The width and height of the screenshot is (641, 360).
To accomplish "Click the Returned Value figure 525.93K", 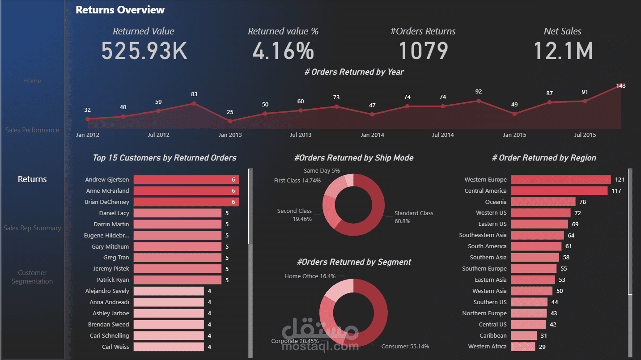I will click(x=144, y=51).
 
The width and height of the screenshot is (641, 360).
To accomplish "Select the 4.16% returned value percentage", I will click(x=283, y=51).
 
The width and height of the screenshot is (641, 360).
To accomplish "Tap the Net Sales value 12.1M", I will click(x=563, y=51).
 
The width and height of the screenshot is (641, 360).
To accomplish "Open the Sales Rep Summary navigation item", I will click(x=32, y=228).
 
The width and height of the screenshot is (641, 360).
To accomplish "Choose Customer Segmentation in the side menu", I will click(x=32, y=277).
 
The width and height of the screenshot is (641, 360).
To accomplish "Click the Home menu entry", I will click(x=32, y=81).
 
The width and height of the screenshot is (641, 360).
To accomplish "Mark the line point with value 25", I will click(x=230, y=121).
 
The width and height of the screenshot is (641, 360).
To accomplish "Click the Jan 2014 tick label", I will click(x=372, y=135).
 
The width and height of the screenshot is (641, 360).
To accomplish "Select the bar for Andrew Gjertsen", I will click(x=186, y=180).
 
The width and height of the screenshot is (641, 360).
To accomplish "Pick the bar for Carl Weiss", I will click(x=169, y=347).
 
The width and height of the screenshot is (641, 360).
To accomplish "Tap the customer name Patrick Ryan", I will click(x=113, y=280).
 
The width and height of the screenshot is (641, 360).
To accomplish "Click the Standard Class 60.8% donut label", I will click(x=414, y=217).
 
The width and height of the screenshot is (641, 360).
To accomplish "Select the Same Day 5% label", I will click(x=322, y=171).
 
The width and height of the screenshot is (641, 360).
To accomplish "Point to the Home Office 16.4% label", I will click(x=310, y=276).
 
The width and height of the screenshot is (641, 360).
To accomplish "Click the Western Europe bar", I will click(x=561, y=179).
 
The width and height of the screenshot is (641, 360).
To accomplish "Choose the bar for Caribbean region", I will click(x=524, y=335).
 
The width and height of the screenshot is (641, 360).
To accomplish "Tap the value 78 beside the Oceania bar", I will click(x=582, y=202).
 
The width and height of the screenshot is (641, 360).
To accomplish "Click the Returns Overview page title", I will click(x=120, y=10).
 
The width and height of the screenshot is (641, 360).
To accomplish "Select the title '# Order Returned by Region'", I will click(x=544, y=158).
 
